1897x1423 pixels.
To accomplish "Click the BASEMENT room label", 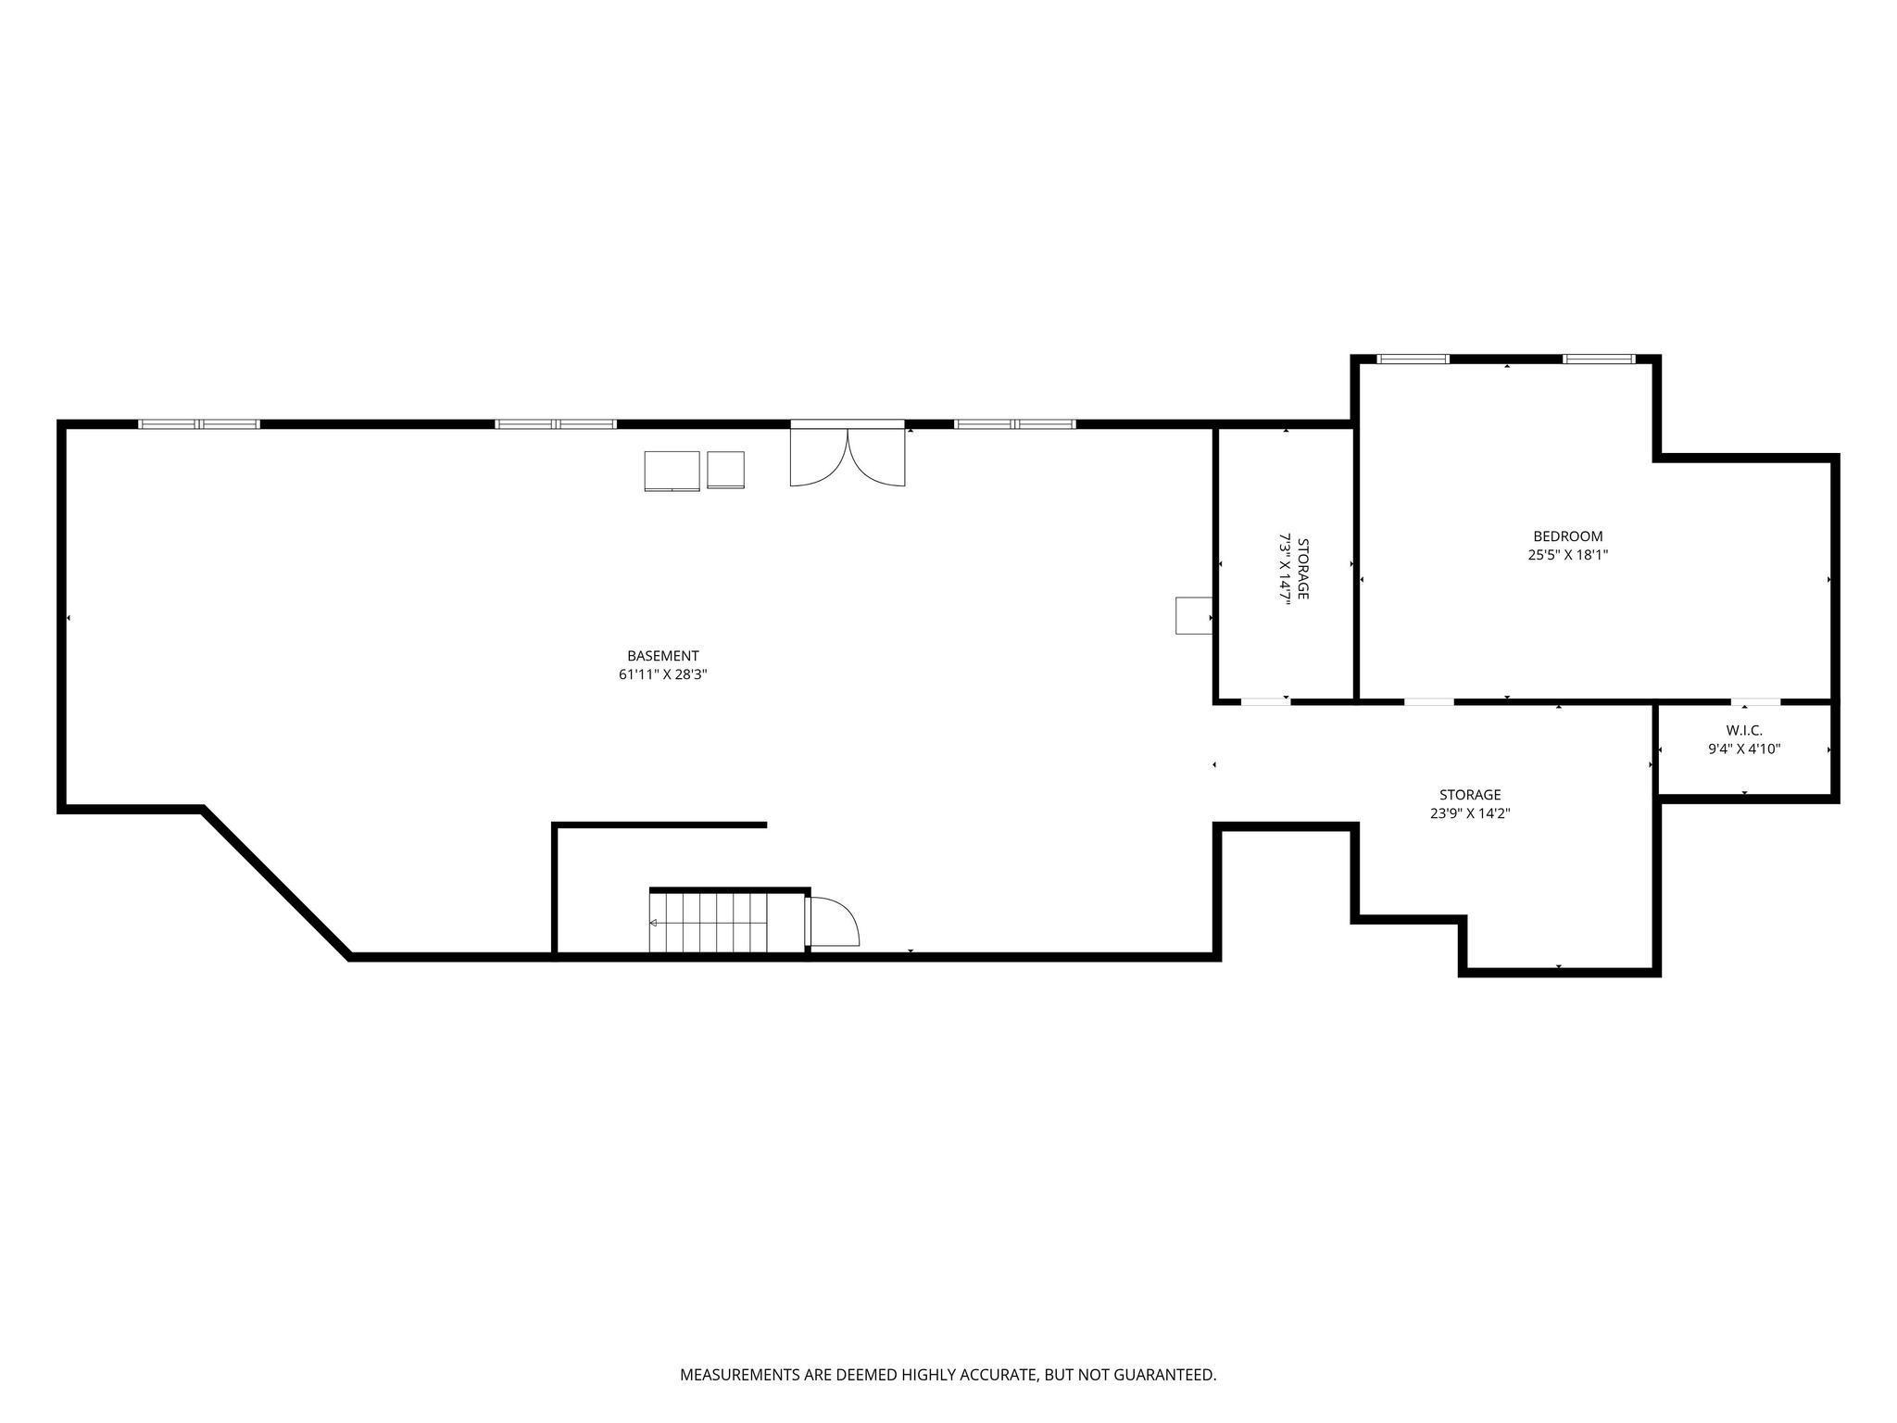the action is tap(662, 656).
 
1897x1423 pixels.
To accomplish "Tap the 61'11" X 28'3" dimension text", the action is tap(662, 675).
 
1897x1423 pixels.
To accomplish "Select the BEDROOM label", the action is tap(1567, 536).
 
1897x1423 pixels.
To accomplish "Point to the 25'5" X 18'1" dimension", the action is tap(1567, 556).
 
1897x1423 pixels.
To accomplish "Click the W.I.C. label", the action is tap(1744, 730).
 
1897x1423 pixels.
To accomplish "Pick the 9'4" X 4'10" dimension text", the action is tap(1744, 749).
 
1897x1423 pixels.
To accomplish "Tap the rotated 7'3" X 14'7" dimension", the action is tap(1285, 569).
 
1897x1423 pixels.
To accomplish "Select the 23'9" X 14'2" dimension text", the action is tap(1470, 814).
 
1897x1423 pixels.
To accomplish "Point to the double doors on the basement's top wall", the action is tap(848, 453).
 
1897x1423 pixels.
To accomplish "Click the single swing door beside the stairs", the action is tap(833, 922).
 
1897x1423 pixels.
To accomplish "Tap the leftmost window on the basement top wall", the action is tap(199, 424).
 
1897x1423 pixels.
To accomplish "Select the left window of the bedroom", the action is tap(1413, 359).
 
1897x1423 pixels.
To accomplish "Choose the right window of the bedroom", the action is tap(1600, 359).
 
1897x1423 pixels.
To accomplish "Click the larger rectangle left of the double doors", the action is tap(672, 471).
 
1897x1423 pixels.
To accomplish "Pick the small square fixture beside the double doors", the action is tap(725, 470).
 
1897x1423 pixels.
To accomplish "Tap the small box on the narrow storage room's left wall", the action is tap(1194, 616).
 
